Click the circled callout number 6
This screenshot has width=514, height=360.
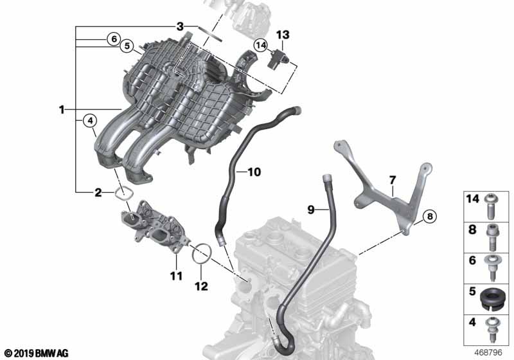(x=114, y=39)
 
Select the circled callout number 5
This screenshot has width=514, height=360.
(x=127, y=46)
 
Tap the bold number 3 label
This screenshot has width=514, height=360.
(x=180, y=26)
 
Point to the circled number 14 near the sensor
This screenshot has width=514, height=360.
(x=261, y=45)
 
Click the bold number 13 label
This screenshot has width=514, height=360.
(x=283, y=35)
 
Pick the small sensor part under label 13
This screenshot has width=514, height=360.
(x=278, y=59)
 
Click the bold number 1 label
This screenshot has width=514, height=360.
(x=61, y=109)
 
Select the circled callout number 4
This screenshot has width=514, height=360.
(x=90, y=121)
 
